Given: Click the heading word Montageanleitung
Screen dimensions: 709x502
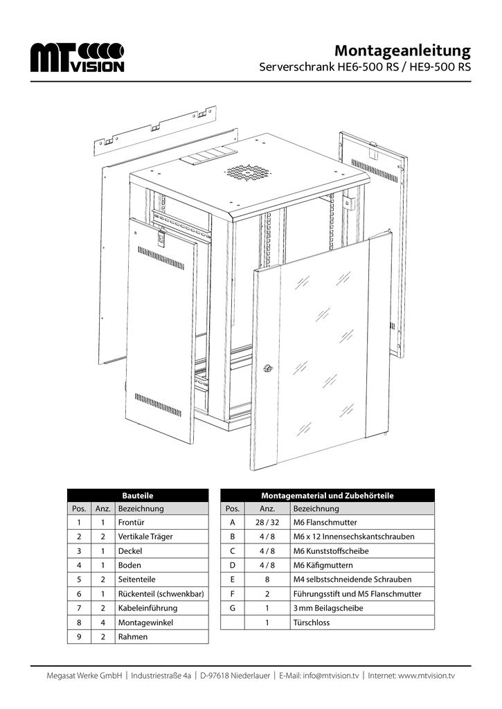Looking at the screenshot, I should pos(402,51).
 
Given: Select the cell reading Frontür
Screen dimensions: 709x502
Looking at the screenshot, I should pos(132,522).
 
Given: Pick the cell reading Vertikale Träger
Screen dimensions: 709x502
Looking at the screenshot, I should pos(145,537).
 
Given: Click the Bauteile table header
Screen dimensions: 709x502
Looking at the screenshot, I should pos(138,495).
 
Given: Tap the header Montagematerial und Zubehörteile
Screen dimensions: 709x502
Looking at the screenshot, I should pos(327,495).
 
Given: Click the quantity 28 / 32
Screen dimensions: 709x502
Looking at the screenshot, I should pos(267,522).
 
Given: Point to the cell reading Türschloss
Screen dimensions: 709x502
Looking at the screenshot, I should pos(311,622).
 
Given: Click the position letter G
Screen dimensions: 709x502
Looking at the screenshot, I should pos(233,608).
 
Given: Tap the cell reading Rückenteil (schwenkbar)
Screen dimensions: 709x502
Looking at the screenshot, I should pos(161,593).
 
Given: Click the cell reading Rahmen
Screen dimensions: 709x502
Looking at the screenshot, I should pos(133,637).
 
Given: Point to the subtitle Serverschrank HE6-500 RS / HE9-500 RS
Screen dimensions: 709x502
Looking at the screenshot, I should pos(365,69).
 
